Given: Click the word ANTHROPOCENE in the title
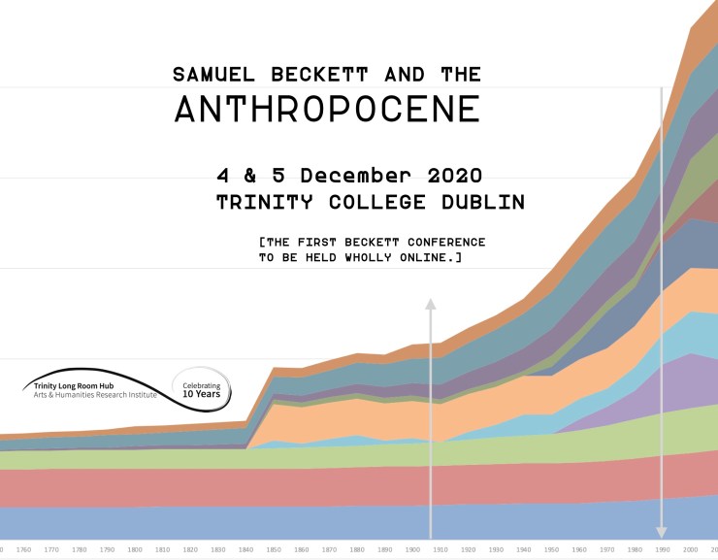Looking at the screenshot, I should [327, 109].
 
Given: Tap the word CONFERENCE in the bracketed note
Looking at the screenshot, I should [437, 241].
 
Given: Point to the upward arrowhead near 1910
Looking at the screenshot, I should [430, 305].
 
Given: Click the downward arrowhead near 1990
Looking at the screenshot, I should [662, 532].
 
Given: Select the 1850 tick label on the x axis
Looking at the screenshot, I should [275, 550].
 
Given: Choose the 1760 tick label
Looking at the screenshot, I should [23, 550].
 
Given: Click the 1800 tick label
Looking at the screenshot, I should [135, 550].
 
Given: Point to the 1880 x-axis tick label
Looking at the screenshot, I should [358, 550].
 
